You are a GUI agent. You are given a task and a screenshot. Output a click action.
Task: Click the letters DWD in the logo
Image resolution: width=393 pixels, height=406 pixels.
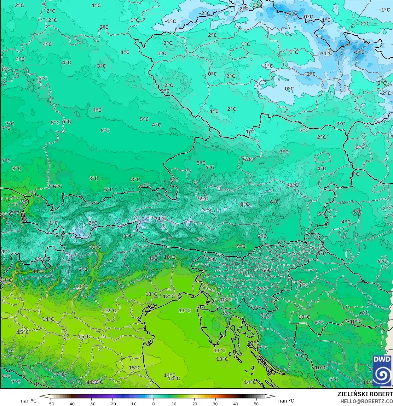(x=382, y=359)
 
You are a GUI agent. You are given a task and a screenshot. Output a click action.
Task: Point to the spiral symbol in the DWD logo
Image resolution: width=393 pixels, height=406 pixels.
(x=382, y=374)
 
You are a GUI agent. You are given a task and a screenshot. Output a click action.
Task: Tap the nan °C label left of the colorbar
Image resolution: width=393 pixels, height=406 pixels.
(x=29, y=401)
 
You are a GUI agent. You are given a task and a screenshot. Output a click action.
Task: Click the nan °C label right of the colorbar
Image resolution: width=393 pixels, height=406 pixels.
(x=286, y=401)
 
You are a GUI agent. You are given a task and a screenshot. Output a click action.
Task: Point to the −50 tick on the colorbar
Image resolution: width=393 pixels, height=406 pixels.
(x=50, y=403)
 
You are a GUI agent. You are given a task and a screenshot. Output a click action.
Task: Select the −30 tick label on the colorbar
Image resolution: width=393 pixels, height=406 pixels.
(x=91, y=403)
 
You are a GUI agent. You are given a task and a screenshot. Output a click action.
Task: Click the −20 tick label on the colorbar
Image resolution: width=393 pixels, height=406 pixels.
(x=112, y=403)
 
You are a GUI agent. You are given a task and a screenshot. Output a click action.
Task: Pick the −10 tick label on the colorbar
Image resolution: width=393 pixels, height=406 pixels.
(x=133, y=403)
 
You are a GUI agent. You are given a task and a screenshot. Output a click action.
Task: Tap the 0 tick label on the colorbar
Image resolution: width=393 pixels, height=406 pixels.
(x=153, y=403)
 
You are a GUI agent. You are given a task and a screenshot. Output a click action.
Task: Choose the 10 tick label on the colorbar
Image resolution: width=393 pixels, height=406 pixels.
(x=174, y=403)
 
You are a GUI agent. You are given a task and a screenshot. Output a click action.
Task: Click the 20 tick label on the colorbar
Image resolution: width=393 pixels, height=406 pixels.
(x=194, y=403)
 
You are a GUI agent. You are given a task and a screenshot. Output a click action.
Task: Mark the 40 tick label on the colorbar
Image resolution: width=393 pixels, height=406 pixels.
(x=236, y=403)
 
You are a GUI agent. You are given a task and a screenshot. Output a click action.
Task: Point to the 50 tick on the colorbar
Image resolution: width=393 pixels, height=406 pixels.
(x=256, y=403)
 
